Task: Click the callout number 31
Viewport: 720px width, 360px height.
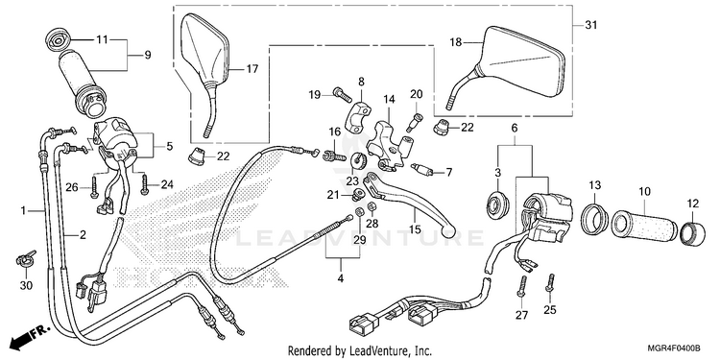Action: click(591, 25)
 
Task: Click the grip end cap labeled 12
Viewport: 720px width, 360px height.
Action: click(692, 233)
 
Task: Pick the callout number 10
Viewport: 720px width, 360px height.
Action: click(644, 192)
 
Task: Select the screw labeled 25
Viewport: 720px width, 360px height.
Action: click(550, 282)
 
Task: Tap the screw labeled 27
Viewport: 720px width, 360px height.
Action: click(522, 286)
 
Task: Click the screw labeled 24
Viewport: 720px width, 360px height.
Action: click(145, 185)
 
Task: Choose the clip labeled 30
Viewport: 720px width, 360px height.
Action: click(26, 259)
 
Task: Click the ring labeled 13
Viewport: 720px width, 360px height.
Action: click(594, 218)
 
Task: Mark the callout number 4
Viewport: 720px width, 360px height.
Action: click(341, 277)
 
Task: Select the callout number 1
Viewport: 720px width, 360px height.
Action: click(23, 210)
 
